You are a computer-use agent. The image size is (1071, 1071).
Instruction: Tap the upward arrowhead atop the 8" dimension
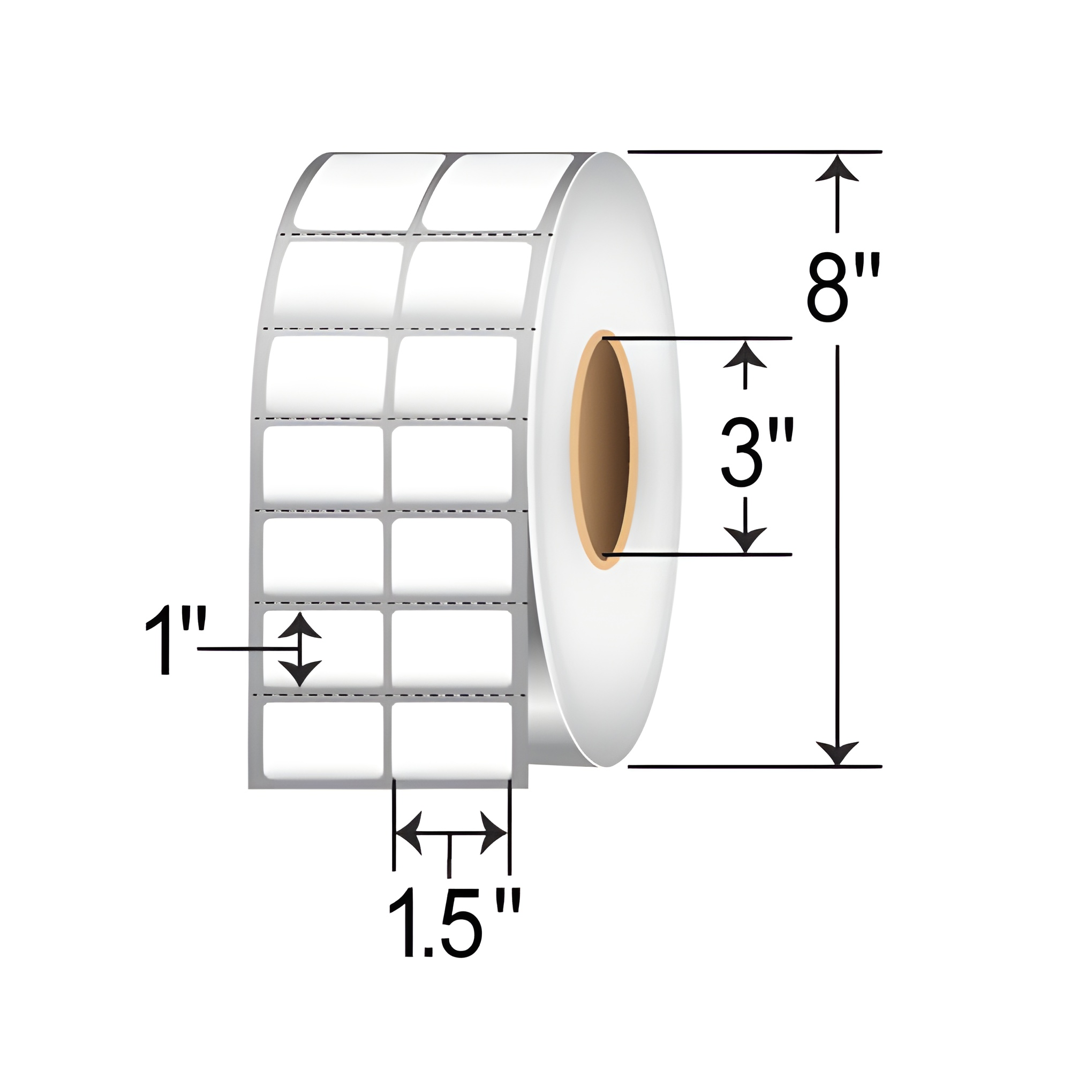(837, 168)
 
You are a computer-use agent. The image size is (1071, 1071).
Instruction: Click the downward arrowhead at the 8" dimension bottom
(837, 753)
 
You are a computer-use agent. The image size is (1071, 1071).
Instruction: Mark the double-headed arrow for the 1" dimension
(300, 649)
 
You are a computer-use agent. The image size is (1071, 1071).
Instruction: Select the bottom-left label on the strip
(322, 740)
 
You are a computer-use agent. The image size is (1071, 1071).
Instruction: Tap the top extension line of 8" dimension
(754, 152)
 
